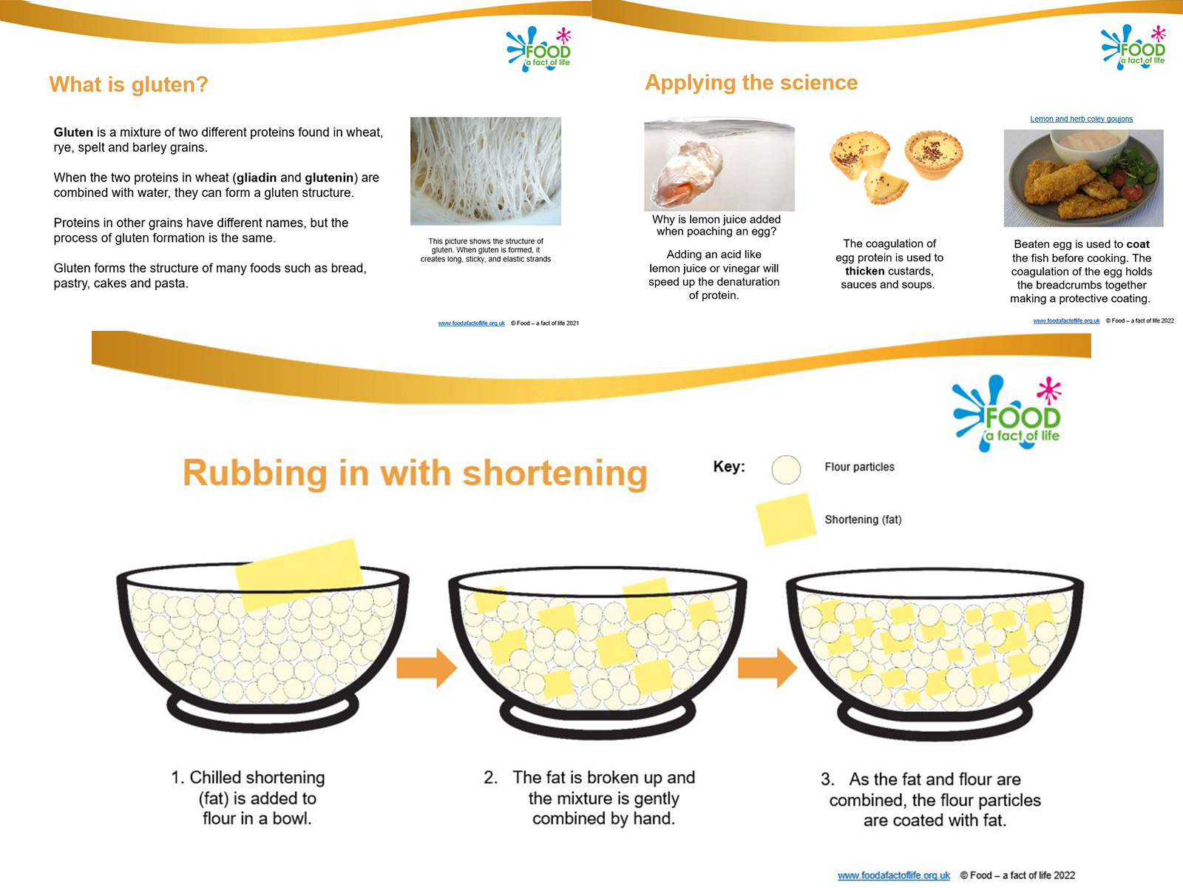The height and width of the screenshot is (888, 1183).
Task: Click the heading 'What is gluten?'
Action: tap(129, 84)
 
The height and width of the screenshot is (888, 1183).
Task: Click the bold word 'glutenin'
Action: tap(329, 178)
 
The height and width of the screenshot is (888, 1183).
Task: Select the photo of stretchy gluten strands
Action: tap(486, 171)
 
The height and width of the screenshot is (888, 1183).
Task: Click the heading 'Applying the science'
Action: tap(751, 82)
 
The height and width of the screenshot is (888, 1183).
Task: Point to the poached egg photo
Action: tap(719, 167)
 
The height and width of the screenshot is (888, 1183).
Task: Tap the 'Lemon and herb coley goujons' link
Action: tap(1081, 118)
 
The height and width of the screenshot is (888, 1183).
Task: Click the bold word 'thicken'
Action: tap(864, 271)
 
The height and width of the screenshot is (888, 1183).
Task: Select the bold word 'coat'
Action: tap(1138, 244)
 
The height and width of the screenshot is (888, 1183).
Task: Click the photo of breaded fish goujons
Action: tap(1083, 178)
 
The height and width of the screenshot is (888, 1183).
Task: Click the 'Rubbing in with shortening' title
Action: tap(415, 473)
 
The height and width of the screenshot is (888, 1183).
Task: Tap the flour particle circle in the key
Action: tap(786, 469)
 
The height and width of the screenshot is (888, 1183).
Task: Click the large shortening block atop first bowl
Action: tap(299, 574)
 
